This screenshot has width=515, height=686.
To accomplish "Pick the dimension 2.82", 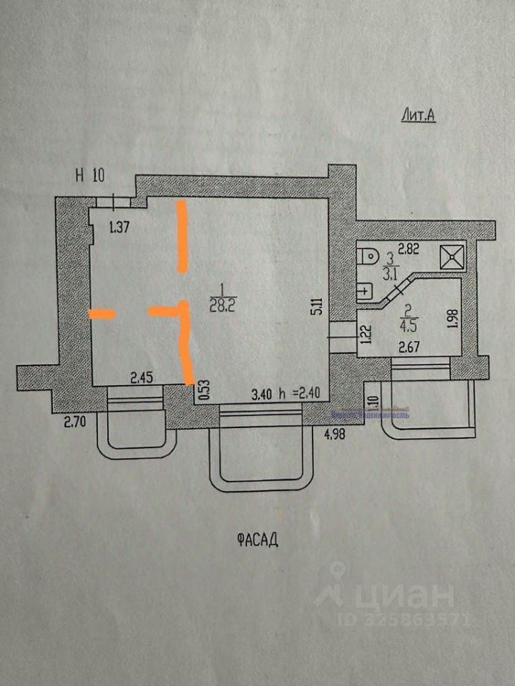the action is (408, 249).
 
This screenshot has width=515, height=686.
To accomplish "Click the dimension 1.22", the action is (366, 334).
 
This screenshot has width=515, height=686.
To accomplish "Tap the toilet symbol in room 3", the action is (368, 256).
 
